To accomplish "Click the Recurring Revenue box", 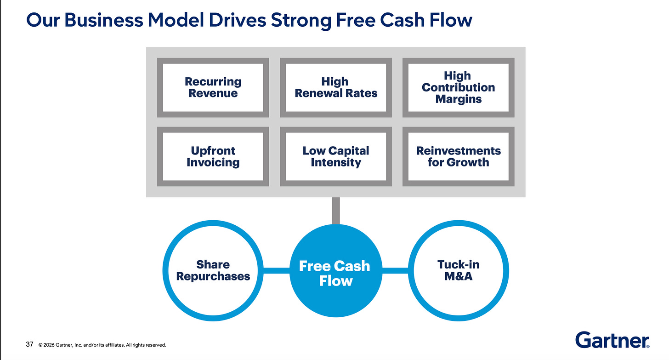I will pyautogui.click(x=213, y=87).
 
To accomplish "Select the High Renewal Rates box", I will pyautogui.click(x=336, y=87).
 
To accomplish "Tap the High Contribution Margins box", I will pyautogui.click(x=458, y=87).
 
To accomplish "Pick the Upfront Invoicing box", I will pyautogui.click(x=213, y=156).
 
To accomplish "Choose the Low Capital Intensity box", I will pyautogui.click(x=336, y=156).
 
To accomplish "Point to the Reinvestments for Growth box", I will pyautogui.click(x=458, y=156).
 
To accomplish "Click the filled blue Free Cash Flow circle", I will pyautogui.click(x=335, y=271).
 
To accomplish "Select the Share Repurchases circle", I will pyautogui.click(x=213, y=270).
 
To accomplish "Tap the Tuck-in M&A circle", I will pyautogui.click(x=458, y=270).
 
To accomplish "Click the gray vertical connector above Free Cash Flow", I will pyautogui.click(x=336, y=211).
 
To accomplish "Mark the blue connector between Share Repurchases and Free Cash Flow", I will pyautogui.click(x=276, y=271).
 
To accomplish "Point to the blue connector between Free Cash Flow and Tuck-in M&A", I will pyautogui.click(x=395, y=271).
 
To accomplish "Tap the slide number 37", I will pyautogui.click(x=29, y=344).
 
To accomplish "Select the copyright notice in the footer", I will pyautogui.click(x=102, y=345).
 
